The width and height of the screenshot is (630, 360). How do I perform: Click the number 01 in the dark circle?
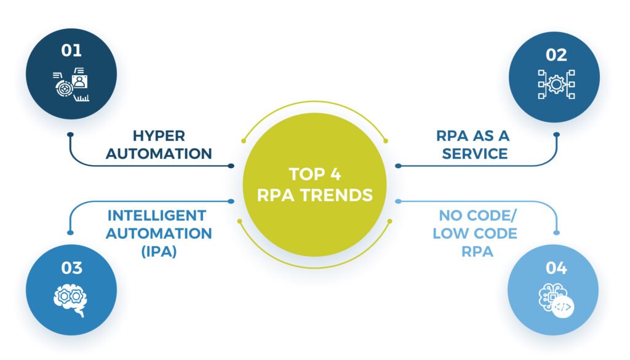click(71, 50)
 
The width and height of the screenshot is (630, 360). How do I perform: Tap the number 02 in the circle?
click(556, 55)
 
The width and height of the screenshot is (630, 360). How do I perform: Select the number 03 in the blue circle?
click(71, 268)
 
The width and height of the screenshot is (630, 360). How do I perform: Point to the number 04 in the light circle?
click(556, 268)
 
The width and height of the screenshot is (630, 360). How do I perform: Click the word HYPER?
click(159, 135)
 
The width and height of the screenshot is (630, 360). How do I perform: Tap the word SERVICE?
click(475, 154)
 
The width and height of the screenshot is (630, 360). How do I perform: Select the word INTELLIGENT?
click(156, 215)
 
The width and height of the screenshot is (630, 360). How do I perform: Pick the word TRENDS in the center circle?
click(338, 196)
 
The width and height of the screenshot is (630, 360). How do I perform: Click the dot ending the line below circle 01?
click(71, 134)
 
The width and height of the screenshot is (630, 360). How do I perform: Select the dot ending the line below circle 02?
click(557, 134)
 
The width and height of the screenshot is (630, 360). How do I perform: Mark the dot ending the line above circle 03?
click(70, 232)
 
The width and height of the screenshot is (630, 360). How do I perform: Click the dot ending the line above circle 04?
click(558, 232)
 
